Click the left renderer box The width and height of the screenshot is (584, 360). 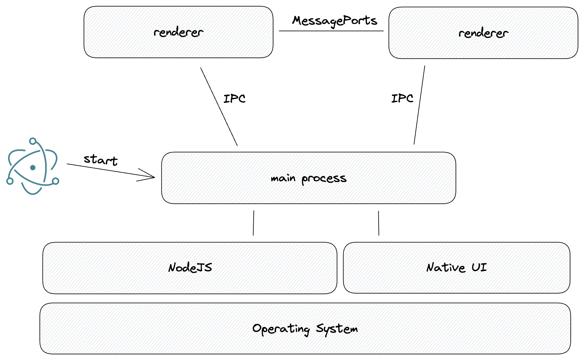pyautogui.click(x=178, y=32)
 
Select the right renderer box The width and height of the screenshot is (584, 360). pyautogui.click(x=483, y=33)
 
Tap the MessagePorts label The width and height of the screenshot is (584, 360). pyautogui.click(x=334, y=21)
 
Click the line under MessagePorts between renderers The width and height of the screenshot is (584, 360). pyautogui.click(x=331, y=31)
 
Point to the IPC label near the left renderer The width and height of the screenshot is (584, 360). pyautogui.click(x=235, y=99)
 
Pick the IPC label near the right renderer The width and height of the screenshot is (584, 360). pyautogui.click(x=402, y=98)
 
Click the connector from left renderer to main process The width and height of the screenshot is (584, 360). pyautogui.click(x=219, y=107)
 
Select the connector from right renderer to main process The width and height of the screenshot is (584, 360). pyautogui.click(x=419, y=105)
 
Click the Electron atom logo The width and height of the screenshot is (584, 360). pyautogui.click(x=33, y=166)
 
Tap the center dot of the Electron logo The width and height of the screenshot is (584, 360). pyautogui.click(x=33, y=168)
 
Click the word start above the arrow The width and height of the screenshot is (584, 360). pyautogui.click(x=100, y=160)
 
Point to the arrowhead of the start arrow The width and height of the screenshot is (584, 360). pyautogui.click(x=154, y=178)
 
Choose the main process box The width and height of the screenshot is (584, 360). pyautogui.click(x=309, y=178)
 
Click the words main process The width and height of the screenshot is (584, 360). pyautogui.click(x=309, y=178)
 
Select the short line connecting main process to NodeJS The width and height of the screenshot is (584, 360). pyautogui.click(x=254, y=223)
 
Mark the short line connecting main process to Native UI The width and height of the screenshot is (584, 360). pyautogui.click(x=379, y=223)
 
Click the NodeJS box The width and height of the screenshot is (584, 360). pyautogui.click(x=190, y=268)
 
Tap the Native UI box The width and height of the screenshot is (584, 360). pyautogui.click(x=457, y=268)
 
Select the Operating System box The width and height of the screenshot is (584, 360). pyautogui.click(x=305, y=329)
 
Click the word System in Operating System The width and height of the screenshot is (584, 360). pyautogui.click(x=337, y=329)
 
